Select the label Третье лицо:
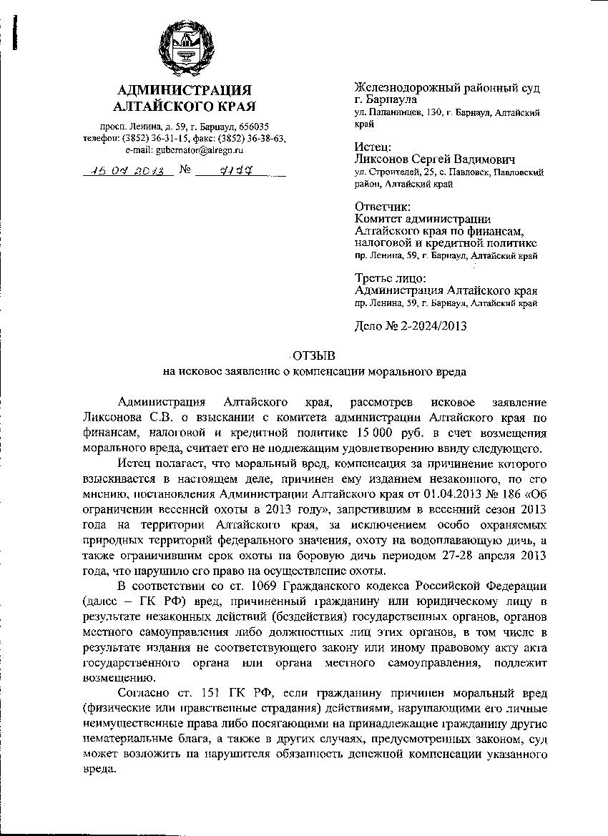(391, 277)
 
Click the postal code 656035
(254, 126)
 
